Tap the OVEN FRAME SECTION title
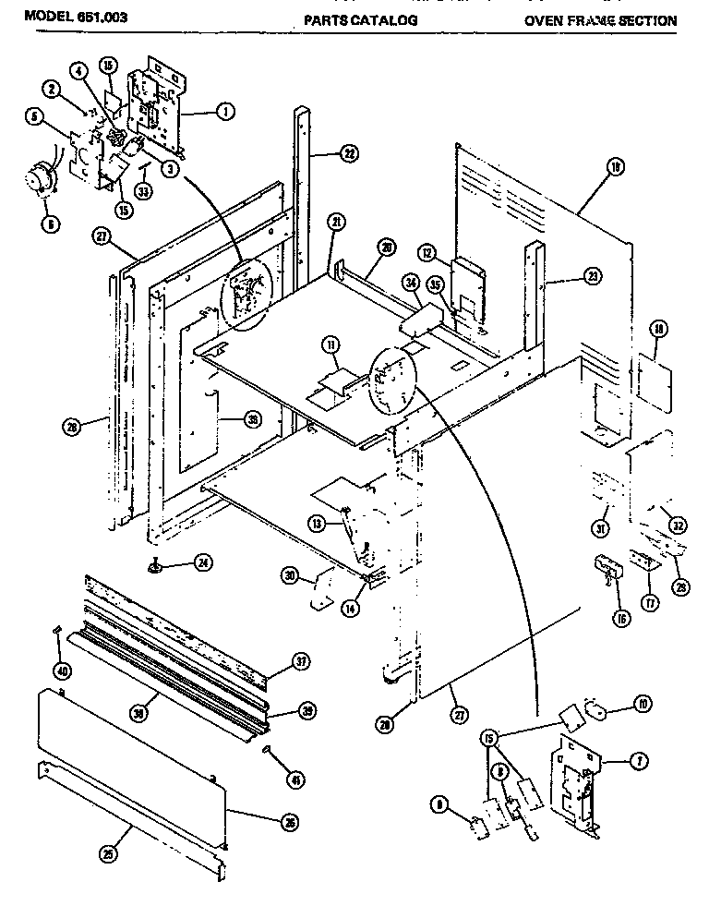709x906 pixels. pyautogui.click(x=600, y=19)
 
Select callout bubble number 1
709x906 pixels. pyautogui.click(x=224, y=112)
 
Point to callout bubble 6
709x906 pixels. pyautogui.click(x=51, y=223)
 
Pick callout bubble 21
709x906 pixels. pyautogui.click(x=336, y=222)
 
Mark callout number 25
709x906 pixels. pyautogui.click(x=111, y=854)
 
